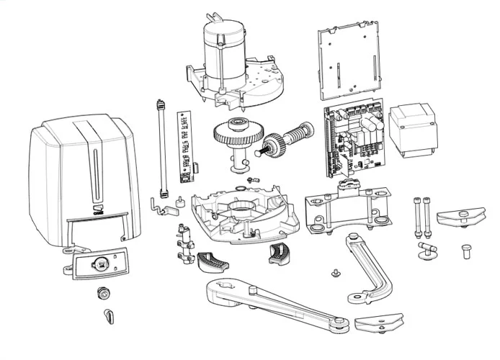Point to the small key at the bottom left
[109, 315]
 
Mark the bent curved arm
[364, 266]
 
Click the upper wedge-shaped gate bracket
[460, 215]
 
